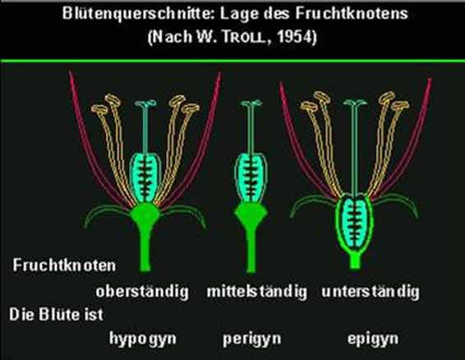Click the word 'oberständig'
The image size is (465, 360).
point(142,292)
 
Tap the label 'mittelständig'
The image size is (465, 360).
point(257,292)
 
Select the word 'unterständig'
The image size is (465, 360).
point(371,292)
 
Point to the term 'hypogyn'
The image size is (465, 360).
point(143,339)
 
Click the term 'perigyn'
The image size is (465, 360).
point(251,339)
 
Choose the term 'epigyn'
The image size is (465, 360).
point(373,339)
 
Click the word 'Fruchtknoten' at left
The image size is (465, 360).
point(64,265)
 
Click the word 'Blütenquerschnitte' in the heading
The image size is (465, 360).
point(137,13)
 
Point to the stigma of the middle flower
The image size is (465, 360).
point(251,104)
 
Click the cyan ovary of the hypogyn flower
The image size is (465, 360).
point(145,178)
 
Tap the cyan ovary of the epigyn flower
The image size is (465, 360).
point(354,222)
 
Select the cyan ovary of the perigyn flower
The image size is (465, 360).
point(251,178)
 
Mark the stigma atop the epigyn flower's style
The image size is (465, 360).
point(355,103)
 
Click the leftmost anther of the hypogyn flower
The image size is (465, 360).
point(99,109)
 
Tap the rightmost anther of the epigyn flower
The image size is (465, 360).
point(400,106)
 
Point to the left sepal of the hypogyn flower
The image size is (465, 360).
point(107,213)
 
